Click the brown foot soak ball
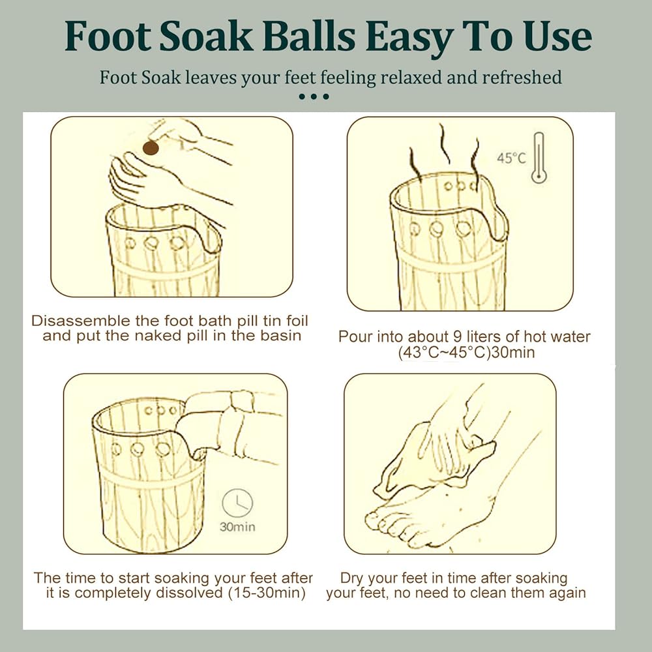pos(151,147)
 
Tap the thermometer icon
pos(539,158)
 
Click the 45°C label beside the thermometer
pos(511,158)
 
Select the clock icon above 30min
pos(237,503)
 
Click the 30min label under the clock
pos(237,527)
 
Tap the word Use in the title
pos(557,37)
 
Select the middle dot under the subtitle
pos(314,96)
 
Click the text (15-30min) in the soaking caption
pos(267,593)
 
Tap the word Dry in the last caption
pos(352,578)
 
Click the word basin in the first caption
pos(280,336)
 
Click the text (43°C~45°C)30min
pos(466,353)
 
